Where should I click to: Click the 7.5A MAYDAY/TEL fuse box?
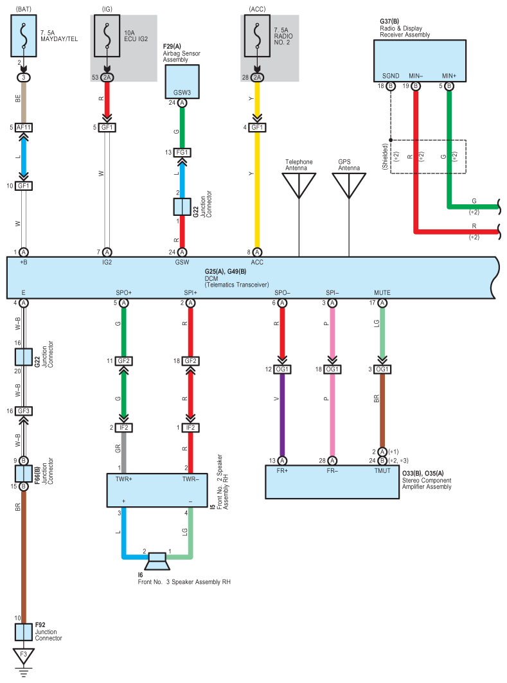coord(24,36)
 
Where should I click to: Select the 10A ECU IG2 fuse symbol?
coord(107,36)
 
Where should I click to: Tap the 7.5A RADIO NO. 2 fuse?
coord(257,36)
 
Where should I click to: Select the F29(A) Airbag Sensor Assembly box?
coord(182,82)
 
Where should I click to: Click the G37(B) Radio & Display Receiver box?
coord(420,61)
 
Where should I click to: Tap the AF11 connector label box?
coord(24,127)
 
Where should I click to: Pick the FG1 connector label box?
coord(182,152)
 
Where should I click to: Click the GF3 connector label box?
coord(24,411)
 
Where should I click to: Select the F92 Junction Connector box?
coord(24,632)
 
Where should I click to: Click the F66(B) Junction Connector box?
coord(24,474)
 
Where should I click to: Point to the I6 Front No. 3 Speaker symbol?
coord(157,561)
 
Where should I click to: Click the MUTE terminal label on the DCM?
coord(382,293)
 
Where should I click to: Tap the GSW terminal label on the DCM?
coord(182,262)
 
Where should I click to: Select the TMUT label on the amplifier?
coord(382,471)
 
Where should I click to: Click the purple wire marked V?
coord(282,415)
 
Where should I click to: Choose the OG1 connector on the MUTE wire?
coord(382,369)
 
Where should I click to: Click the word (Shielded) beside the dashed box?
coord(385,157)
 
